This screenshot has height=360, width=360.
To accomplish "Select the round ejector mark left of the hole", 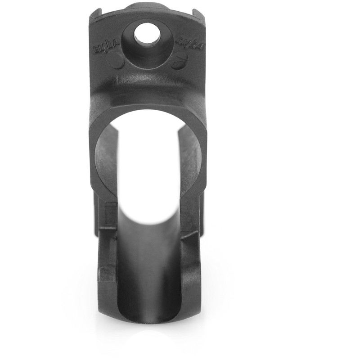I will click(x=117, y=62).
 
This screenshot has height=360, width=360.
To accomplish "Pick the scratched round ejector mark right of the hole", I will click(x=180, y=59).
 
